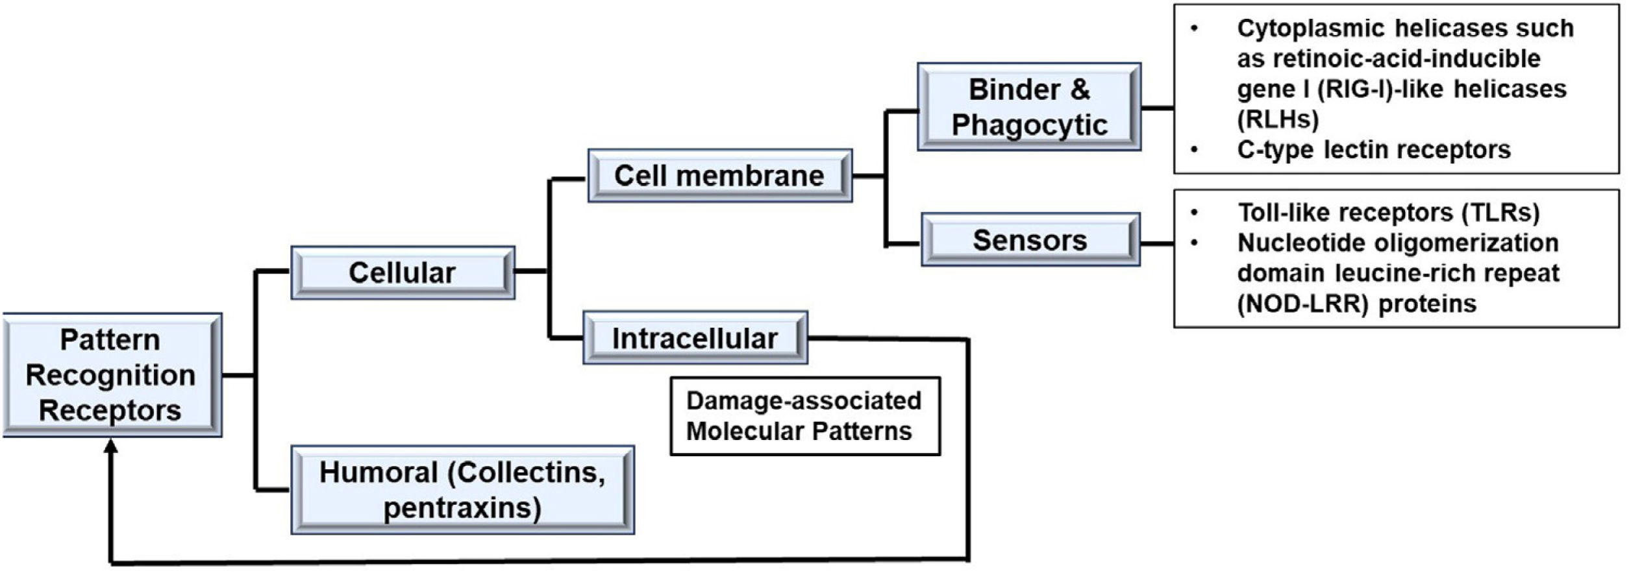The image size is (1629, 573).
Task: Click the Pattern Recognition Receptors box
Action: pyautogui.click(x=112, y=375)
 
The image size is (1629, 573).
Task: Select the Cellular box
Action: pyautogui.click(x=403, y=273)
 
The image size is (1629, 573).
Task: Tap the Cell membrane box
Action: pyautogui.click(x=720, y=176)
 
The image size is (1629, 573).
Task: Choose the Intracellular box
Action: pyautogui.click(x=695, y=338)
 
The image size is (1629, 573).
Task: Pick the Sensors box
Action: pyautogui.click(x=1030, y=240)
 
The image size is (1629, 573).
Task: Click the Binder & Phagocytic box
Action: pyautogui.click(x=1029, y=107)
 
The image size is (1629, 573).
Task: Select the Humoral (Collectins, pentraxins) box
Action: pyautogui.click(x=462, y=490)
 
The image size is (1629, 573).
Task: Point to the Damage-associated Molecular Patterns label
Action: pyautogui.click(x=805, y=416)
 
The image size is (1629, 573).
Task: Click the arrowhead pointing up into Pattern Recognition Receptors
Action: pyautogui.click(x=111, y=446)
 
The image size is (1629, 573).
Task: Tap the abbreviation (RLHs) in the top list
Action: pyautogui.click(x=1278, y=119)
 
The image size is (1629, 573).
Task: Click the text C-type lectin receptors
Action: pyautogui.click(x=1374, y=150)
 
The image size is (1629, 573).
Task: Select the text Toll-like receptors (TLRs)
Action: pyautogui.click(x=1388, y=212)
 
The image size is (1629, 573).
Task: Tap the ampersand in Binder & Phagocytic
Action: pyautogui.click(x=1080, y=90)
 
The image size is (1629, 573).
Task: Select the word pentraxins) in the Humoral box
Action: pyautogui.click(x=462, y=508)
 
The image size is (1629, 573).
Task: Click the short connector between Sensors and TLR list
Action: pyautogui.click(x=1157, y=244)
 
